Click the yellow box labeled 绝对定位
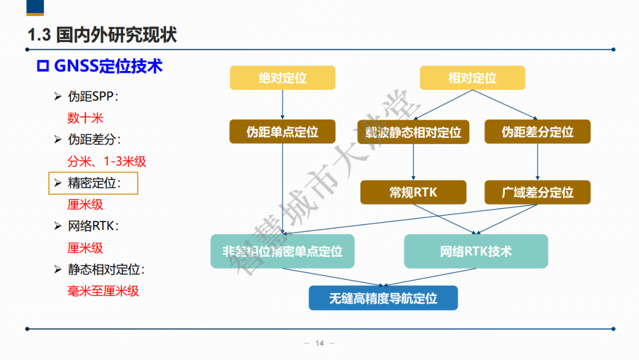(282, 78)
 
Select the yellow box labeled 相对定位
(472, 78)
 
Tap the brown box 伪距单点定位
(282, 131)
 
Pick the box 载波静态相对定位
(413, 131)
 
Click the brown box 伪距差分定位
(537, 131)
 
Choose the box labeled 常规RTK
(413, 192)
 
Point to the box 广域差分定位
(537, 192)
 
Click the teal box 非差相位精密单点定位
(282, 251)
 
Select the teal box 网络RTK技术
(476, 251)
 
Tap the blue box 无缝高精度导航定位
(383, 298)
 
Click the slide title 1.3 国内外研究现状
(102, 34)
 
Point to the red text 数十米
(85, 118)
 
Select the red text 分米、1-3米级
(106, 161)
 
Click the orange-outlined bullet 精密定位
(93, 183)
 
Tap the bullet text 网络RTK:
(93, 226)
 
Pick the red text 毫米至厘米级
(103, 291)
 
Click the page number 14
(319, 343)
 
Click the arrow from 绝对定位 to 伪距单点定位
(282, 105)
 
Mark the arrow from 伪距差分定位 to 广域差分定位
(537, 162)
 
